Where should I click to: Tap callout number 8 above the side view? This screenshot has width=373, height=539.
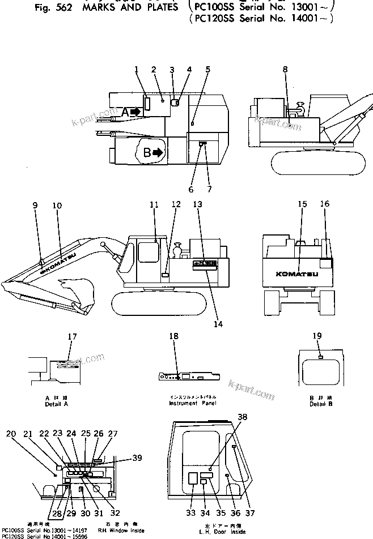pyautogui.click(x=285, y=69)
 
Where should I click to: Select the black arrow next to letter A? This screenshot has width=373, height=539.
pyautogui.click(x=134, y=112)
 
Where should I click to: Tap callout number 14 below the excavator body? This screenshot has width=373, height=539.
pyautogui.click(x=218, y=324)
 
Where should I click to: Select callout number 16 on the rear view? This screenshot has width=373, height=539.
pyautogui.click(x=324, y=204)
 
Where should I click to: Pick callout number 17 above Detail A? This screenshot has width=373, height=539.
pyautogui.click(x=72, y=336)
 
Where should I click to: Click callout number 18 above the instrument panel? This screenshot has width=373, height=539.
pyautogui.click(x=174, y=336)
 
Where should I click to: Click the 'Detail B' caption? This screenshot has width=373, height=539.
pyautogui.click(x=317, y=403)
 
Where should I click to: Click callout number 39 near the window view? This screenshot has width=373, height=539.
pyautogui.click(x=137, y=458)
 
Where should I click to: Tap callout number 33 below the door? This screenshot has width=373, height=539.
pyautogui.click(x=190, y=513)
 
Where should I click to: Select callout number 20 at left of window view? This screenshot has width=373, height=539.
pyautogui.click(x=11, y=434)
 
